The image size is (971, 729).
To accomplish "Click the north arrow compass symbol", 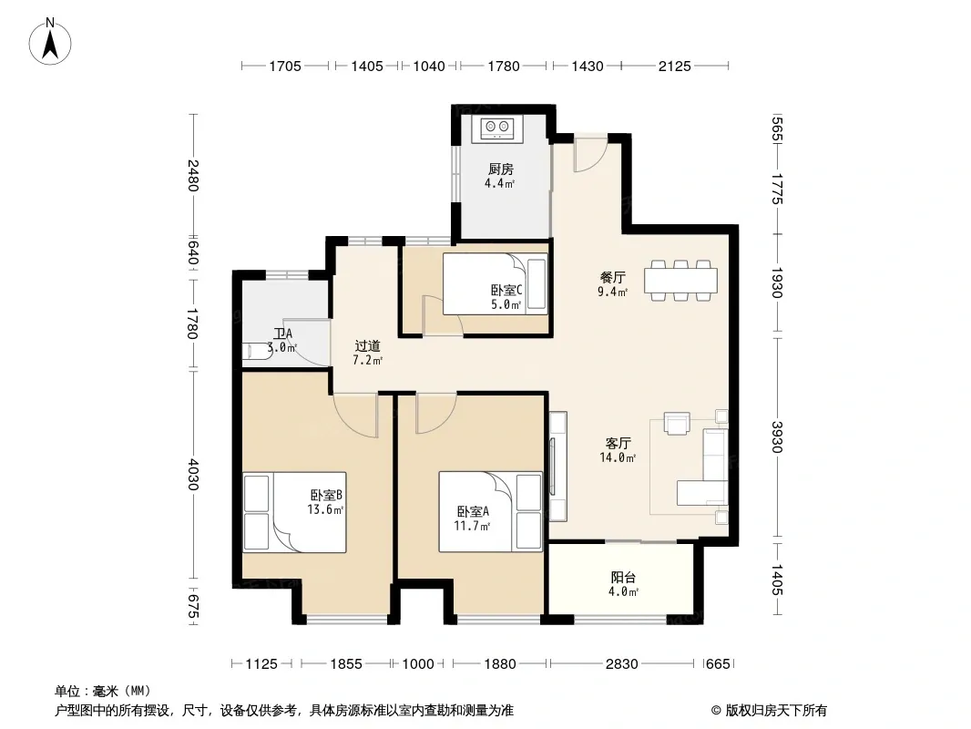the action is pos(50,42).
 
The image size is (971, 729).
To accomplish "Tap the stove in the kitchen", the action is pos(496,128).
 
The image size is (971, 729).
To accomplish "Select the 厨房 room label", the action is pos(500,169).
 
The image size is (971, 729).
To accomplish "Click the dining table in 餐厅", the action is pos(680,281).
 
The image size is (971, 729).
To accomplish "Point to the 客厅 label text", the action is pos(618,444).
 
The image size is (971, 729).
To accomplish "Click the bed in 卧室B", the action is pos(294,512).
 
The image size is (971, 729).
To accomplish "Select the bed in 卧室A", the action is pos(490,511).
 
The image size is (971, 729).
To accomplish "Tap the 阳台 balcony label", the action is pos(623,577).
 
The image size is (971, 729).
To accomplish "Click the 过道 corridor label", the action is pos(367,346).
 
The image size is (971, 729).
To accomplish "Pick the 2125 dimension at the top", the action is pos(674,66).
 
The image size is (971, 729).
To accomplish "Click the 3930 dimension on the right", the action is pos(778,436).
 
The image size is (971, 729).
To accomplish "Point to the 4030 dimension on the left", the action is pos(192,475).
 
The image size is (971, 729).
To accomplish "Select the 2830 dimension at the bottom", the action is pos(622,664).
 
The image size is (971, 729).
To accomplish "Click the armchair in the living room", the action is pos(676,424).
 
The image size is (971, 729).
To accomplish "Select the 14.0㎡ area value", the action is pos(618,457).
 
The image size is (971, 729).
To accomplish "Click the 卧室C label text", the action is pos(506,290).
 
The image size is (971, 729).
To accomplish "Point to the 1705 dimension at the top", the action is pos(285,66).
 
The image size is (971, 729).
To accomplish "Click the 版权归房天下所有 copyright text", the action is pos(775,711).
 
